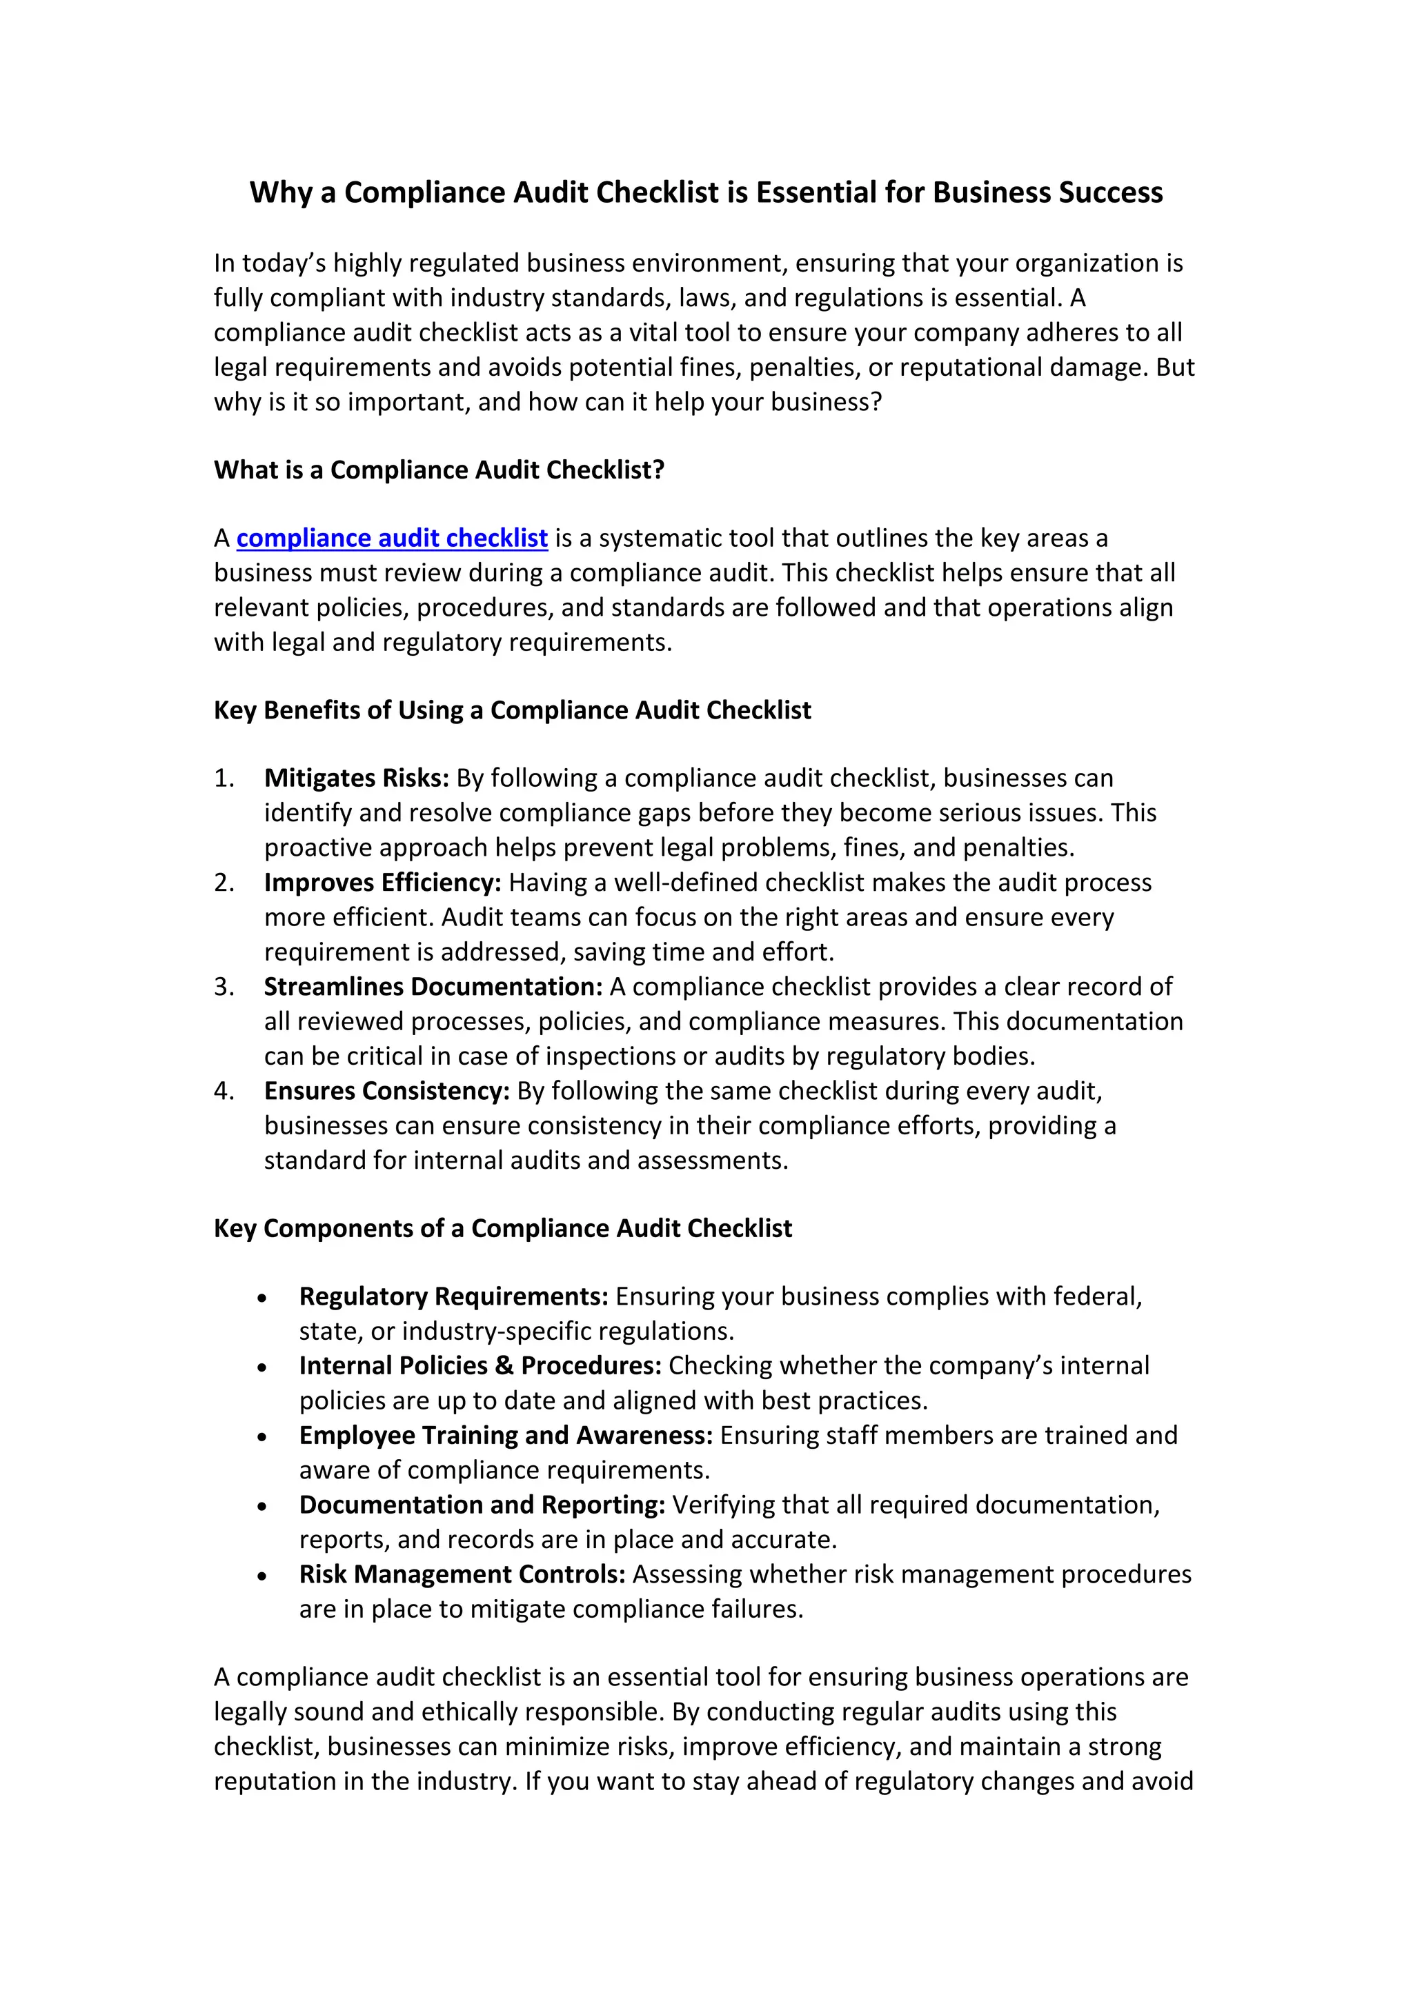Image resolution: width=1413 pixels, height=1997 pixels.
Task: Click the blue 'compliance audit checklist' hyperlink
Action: coord(391,539)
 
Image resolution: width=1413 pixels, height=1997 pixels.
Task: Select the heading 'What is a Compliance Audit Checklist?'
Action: coord(439,470)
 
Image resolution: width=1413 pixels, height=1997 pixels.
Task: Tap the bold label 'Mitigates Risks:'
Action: coord(357,778)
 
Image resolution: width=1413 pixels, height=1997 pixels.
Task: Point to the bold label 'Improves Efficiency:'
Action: coord(383,882)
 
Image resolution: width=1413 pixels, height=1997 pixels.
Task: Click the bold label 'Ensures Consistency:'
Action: coord(386,1091)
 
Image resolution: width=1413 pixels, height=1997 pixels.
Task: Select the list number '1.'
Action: coord(224,778)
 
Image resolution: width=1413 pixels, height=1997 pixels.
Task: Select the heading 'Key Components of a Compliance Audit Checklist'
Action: coord(503,1228)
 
